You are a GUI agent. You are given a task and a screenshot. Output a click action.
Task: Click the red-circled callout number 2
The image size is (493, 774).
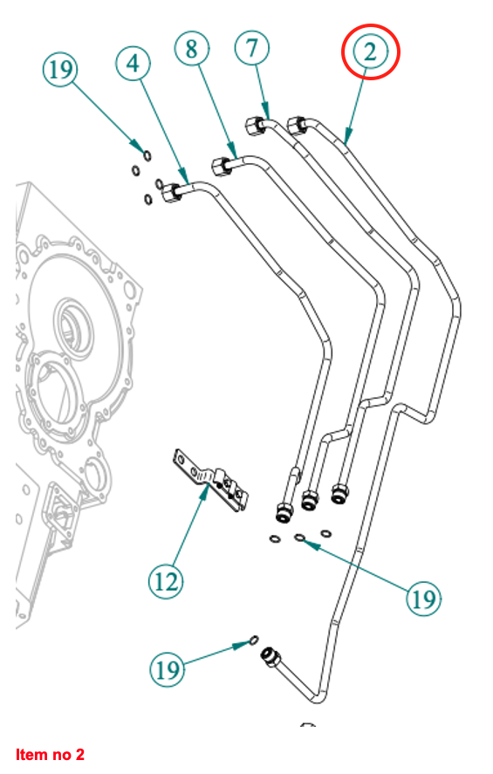370,51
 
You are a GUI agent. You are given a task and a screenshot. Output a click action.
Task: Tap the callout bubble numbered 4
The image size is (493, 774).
133,63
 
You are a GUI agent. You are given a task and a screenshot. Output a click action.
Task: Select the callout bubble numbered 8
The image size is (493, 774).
191,48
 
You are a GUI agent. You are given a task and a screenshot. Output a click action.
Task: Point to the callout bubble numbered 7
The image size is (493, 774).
252,47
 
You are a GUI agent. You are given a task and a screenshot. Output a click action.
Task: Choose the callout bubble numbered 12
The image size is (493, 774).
166,582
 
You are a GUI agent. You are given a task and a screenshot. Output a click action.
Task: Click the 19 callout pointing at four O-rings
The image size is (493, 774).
60,69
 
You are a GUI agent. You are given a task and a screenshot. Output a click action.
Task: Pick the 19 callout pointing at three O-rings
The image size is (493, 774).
423,599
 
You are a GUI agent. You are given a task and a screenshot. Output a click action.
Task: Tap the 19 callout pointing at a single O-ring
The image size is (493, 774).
167,669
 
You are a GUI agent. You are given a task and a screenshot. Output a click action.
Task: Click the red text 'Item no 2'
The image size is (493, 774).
50,754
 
